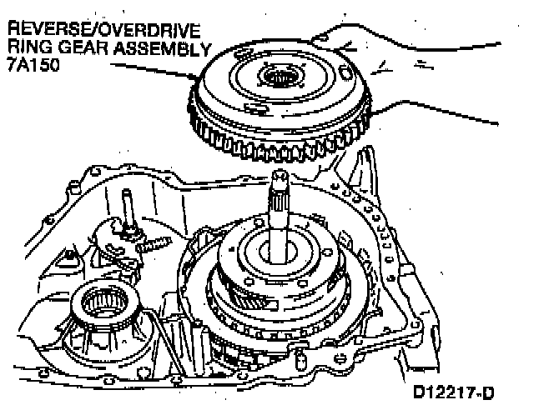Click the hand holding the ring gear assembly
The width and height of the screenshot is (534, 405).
434,75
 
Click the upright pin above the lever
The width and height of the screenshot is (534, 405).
126,204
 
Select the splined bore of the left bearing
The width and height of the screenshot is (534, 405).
111,301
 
